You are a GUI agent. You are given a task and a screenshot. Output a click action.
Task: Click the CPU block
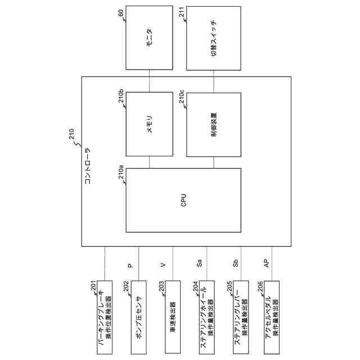[x=183, y=200]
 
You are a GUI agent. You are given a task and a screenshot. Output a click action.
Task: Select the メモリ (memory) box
[x=149, y=124]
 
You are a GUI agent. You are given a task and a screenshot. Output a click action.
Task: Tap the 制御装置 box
[x=214, y=124]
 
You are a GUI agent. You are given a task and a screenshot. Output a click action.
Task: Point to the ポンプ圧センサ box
[x=138, y=317]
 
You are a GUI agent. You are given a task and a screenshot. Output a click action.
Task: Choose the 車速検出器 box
[x=172, y=317]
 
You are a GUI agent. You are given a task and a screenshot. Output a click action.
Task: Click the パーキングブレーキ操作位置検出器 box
[x=105, y=317]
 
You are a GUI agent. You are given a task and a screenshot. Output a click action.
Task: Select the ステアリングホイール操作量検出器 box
[x=206, y=317]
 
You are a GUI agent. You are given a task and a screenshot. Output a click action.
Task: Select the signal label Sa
[x=199, y=263]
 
